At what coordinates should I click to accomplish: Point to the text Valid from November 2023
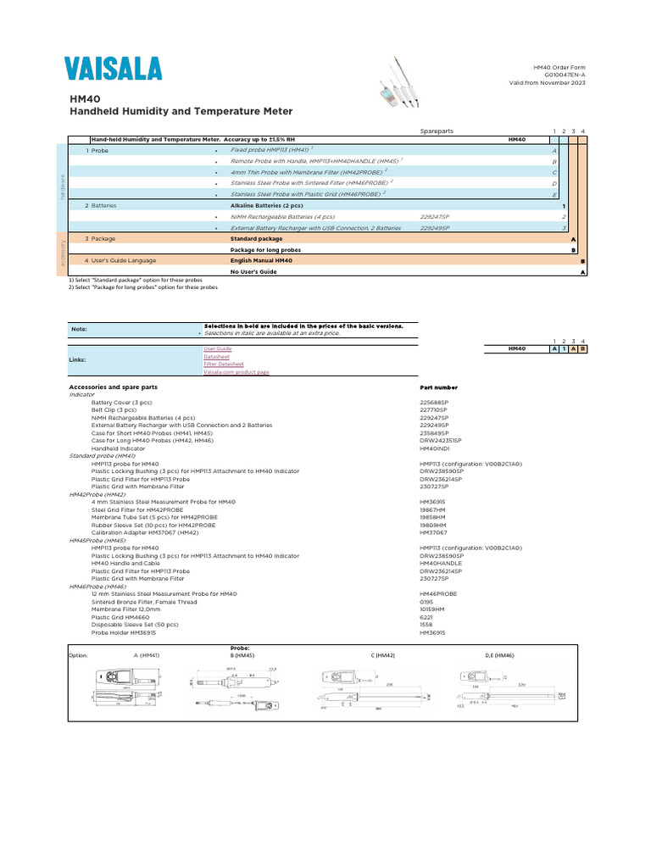547,83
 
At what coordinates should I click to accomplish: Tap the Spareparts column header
437,131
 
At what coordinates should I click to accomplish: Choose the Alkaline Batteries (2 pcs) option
266,205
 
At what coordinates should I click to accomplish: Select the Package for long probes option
265,250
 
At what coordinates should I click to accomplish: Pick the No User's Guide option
253,272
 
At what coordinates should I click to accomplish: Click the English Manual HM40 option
261,261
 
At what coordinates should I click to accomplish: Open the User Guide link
217,348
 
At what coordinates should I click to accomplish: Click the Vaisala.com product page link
236,372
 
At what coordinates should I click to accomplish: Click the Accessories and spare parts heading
113,387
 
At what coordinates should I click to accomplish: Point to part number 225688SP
435,402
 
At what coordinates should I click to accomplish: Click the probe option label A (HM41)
147,655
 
